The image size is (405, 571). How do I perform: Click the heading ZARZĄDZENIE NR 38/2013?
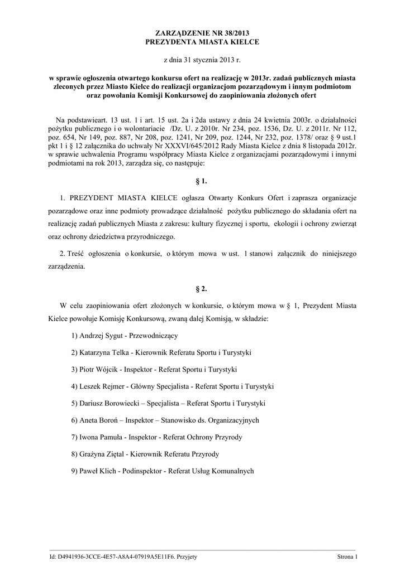point(202,34)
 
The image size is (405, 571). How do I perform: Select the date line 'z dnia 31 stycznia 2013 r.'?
point(202,59)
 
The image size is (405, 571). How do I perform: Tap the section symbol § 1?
point(202,181)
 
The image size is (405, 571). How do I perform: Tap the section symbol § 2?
point(202,289)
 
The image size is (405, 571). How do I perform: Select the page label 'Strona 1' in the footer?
point(347,557)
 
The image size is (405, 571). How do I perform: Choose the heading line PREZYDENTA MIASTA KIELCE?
point(202,42)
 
